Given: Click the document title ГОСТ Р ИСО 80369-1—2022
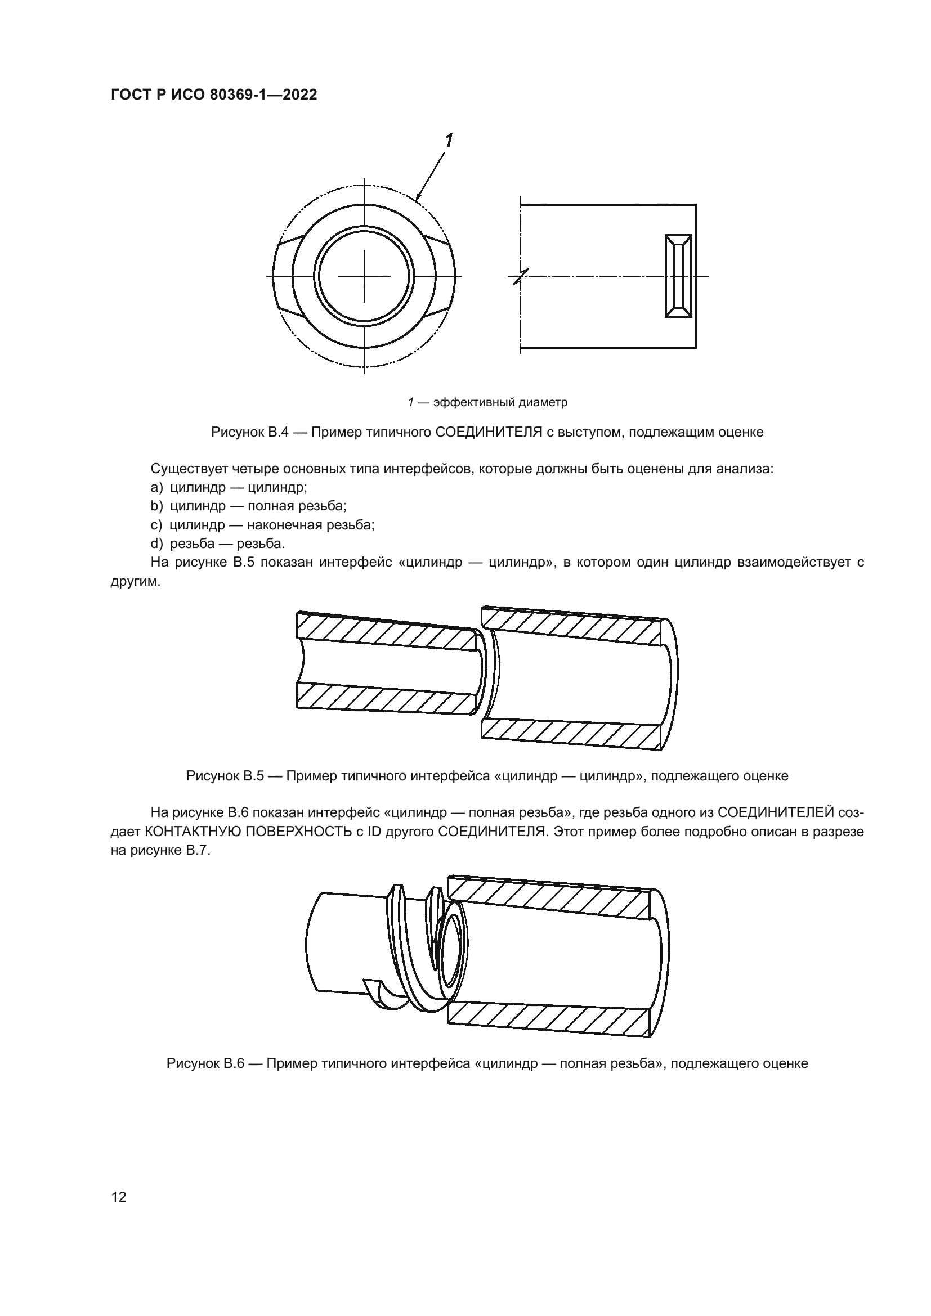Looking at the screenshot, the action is coord(214,95).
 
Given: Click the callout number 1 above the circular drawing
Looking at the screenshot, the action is coord(448,140).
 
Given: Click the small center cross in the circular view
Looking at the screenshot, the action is coord(364,276).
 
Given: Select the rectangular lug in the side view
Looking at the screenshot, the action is coord(678,276).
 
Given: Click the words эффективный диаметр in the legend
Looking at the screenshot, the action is coord(500,402).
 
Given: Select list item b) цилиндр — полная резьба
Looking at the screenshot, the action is coord(248,506).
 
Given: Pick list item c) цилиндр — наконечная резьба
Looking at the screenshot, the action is coord(262,524).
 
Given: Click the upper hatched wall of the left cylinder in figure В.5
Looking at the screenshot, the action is coord(387,632).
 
